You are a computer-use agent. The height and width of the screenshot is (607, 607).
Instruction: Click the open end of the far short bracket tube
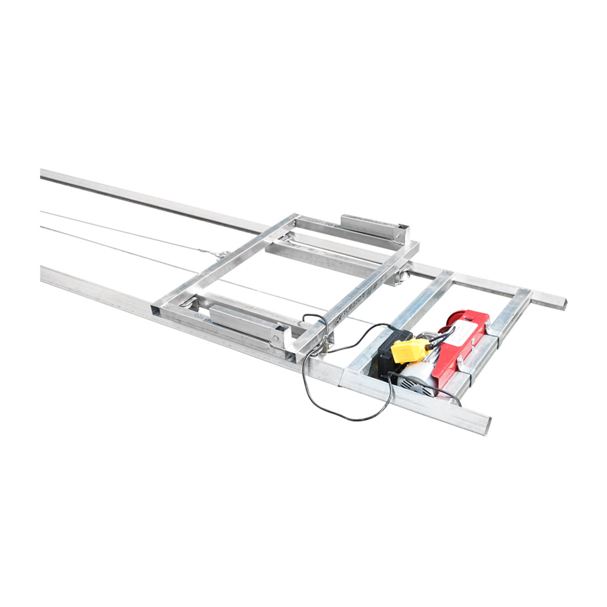pyautogui.click(x=403, y=231)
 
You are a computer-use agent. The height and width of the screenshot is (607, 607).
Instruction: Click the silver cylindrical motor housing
pyautogui.click(x=420, y=374)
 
